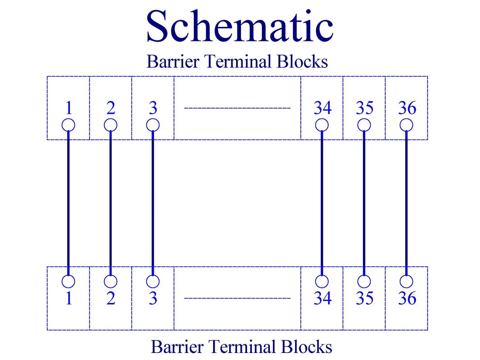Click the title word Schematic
pyautogui.click(x=240, y=26)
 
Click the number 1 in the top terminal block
pyautogui.click(x=68, y=108)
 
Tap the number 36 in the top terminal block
pyautogui.click(x=407, y=108)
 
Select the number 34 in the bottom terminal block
pyautogui.click(x=322, y=298)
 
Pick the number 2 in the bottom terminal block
pyautogui.click(x=111, y=298)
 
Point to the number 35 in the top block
pyautogui.click(x=364, y=108)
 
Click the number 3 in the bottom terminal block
pyautogui.click(x=153, y=298)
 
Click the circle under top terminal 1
pyautogui.click(x=68, y=125)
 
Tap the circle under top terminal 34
pyautogui.click(x=322, y=125)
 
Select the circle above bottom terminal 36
pyautogui.click(x=406, y=282)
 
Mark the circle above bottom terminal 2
pyautogui.click(x=111, y=282)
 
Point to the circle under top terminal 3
pyautogui.click(x=153, y=125)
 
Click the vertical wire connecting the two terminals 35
pyautogui.click(x=364, y=203)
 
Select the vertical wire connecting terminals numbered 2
pyautogui.click(x=111, y=203)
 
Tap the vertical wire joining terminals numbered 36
pyautogui.click(x=406, y=203)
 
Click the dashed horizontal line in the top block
pyautogui.click(x=237, y=108)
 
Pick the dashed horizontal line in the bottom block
pyautogui.click(x=237, y=299)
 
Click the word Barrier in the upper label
pyautogui.click(x=173, y=61)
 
